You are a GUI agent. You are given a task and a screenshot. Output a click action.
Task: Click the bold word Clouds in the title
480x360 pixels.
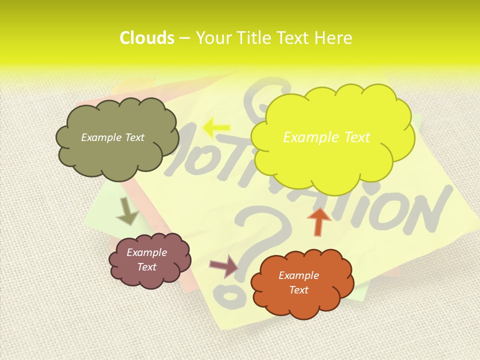(x=146, y=38)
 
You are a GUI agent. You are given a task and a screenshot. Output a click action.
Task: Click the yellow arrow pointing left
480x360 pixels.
(x=216, y=128)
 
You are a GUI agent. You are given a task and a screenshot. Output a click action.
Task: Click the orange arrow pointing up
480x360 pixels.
(x=319, y=221)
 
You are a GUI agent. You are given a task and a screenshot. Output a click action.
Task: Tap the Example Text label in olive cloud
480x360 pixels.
(x=112, y=137)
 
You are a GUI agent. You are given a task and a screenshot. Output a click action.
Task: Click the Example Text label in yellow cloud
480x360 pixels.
(x=326, y=137)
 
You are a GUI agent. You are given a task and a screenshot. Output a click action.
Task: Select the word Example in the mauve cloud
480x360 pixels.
(x=146, y=252)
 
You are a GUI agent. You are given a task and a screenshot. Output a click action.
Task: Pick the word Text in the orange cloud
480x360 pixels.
(x=298, y=290)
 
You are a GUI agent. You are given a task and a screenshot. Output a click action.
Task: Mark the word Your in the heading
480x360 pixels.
(x=214, y=38)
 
